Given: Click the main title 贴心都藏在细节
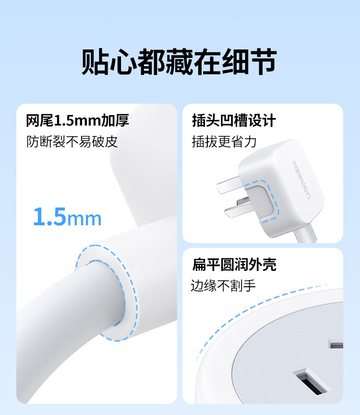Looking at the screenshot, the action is click(180, 61).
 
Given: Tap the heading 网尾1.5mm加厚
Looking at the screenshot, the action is click(77, 121).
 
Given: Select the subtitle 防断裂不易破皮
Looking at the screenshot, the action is click(72, 142).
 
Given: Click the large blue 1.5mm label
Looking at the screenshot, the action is click(67, 217).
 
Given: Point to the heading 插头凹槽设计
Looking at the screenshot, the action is click(234, 121).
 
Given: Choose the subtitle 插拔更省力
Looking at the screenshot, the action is click(224, 142).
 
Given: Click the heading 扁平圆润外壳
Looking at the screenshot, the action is click(234, 264).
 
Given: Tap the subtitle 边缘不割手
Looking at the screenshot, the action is click(223, 286).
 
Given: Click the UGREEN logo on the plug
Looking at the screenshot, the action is click(301, 181).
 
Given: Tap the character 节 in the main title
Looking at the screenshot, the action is click(264, 61).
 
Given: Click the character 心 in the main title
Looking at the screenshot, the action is click(123, 61).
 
